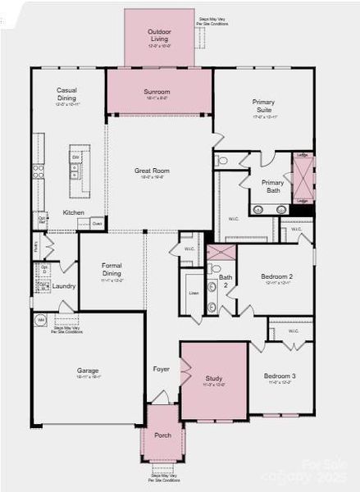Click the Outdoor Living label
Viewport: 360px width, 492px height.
point(158,34)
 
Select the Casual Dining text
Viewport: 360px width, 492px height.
point(66,94)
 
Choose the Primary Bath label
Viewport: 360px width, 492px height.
point(272,186)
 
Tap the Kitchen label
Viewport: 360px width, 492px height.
point(74,212)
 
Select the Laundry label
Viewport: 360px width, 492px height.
point(65,286)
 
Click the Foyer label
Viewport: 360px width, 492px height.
point(162,369)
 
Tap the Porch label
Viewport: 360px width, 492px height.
point(163,435)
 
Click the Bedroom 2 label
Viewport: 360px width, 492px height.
point(276,277)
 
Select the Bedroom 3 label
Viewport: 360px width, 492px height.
point(280,376)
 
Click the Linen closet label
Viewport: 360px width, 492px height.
point(194,293)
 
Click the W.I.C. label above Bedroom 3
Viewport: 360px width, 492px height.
point(292,331)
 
